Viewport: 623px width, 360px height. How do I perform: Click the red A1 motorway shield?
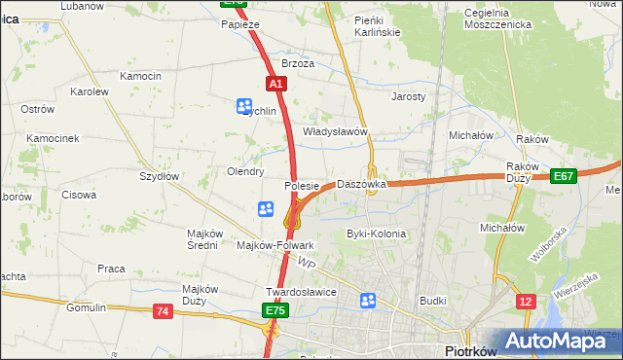[x=275, y=85]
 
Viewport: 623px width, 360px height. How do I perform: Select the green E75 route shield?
[x=275, y=310]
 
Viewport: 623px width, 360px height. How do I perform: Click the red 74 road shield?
[x=163, y=310]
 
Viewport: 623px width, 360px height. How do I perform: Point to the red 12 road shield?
[x=526, y=303]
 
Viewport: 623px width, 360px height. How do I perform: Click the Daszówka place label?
[x=361, y=184]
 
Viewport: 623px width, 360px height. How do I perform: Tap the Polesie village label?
[x=302, y=185]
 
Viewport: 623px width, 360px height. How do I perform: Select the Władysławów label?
[x=334, y=131]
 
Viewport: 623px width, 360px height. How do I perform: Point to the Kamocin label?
[x=139, y=76]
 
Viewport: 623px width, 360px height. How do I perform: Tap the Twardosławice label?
[x=301, y=292]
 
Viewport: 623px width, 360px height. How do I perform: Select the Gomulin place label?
[x=86, y=307]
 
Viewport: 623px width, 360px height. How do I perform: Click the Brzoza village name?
[x=298, y=63]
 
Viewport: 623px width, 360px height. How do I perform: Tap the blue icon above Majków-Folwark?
[x=265, y=208]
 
